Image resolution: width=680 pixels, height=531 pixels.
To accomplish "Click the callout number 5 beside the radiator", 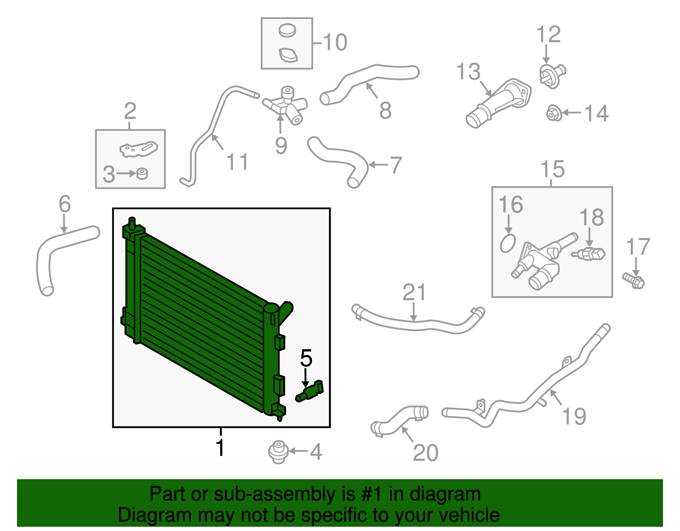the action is [x=306, y=358].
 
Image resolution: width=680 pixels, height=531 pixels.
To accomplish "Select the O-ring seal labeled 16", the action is [x=507, y=244].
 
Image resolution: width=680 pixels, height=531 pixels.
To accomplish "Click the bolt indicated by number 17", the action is [x=633, y=281].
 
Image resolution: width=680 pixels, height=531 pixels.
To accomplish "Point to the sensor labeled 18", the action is [x=588, y=254].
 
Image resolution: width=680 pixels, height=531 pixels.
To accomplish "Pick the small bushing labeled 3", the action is [x=142, y=173].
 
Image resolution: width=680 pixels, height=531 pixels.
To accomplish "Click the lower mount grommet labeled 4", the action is [x=278, y=452].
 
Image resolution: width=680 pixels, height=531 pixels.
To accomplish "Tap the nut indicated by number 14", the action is [x=554, y=113].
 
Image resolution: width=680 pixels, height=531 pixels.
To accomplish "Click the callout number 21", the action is [x=414, y=292].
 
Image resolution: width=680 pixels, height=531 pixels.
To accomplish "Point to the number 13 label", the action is [x=468, y=71].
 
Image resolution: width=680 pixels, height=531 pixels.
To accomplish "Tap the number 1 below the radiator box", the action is [x=220, y=447].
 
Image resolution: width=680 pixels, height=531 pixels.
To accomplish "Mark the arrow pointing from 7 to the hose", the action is [x=378, y=165].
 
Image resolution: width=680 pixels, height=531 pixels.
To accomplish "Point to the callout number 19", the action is [x=574, y=416].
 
